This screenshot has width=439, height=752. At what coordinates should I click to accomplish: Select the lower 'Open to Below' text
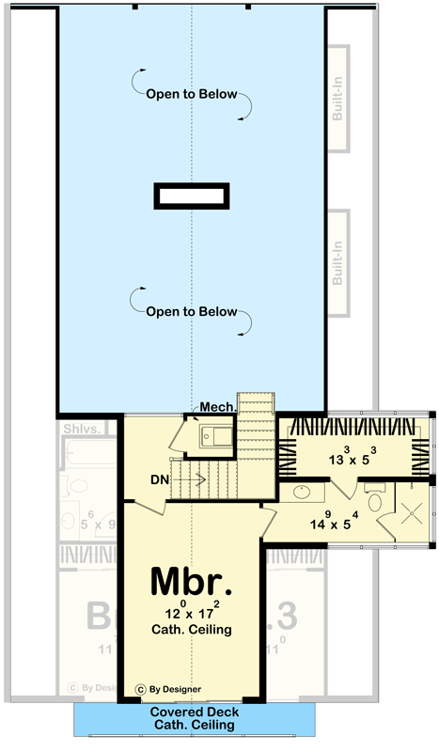point(191,312)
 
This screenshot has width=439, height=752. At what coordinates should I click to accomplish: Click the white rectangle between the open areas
point(192,196)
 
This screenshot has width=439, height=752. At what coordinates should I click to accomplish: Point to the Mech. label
point(217,407)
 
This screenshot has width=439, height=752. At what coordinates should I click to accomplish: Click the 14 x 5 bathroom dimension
point(320,517)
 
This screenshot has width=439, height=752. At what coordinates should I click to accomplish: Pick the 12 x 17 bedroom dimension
point(191,612)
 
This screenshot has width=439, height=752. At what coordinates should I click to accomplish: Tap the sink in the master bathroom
point(304,493)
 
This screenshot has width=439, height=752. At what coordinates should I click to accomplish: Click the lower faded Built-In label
point(337,264)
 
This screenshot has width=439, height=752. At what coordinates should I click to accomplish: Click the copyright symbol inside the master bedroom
point(142,688)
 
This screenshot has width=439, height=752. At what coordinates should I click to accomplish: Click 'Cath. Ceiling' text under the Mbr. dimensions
point(191,630)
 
